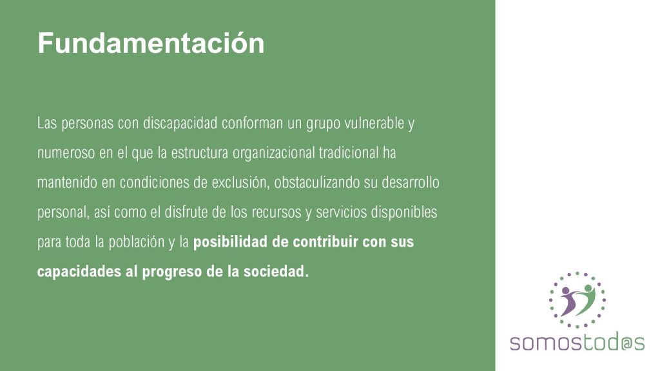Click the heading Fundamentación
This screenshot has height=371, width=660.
(151, 43)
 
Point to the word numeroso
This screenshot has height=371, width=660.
(66, 153)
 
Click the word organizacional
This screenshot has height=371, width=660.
(273, 153)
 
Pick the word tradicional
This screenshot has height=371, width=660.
(349, 153)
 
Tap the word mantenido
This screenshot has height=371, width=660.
(67, 182)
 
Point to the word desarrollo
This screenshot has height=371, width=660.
(411, 182)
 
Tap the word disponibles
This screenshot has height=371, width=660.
(403, 212)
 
